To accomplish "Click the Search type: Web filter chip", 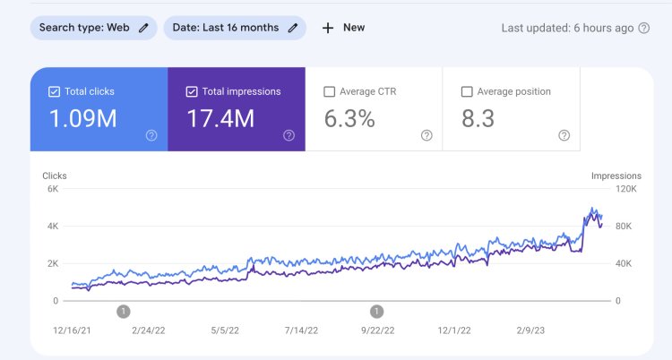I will [x=93, y=28].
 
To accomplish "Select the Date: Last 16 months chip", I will [x=235, y=28].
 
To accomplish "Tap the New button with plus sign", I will [x=343, y=28].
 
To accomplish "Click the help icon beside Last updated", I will [x=643, y=28].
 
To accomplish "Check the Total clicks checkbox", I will [x=54, y=91].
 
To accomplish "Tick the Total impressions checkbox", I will [x=192, y=91].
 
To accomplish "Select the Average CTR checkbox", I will [x=329, y=91].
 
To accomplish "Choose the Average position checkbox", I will [x=466, y=91].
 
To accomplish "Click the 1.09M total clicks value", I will [x=82, y=118].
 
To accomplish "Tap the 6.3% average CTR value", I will [x=349, y=118].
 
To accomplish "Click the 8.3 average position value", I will [x=478, y=118].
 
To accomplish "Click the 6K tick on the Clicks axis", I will [x=52, y=189].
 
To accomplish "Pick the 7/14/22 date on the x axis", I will [x=300, y=330].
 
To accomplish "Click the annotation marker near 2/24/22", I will [x=124, y=312].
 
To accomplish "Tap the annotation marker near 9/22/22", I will [x=377, y=312].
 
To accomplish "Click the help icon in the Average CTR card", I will [x=426, y=135].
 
